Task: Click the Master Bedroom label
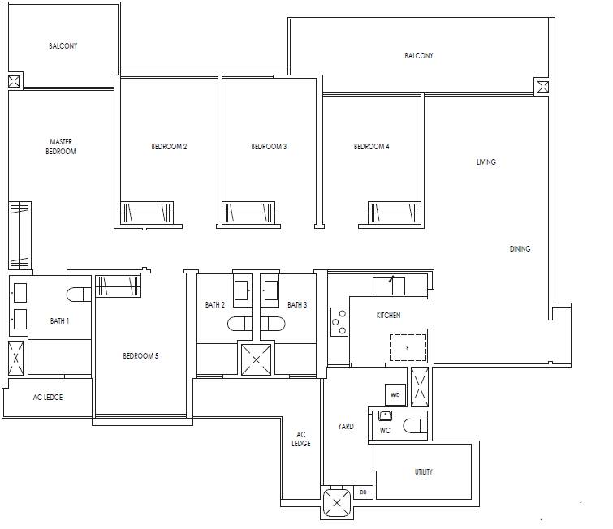[x=61, y=147]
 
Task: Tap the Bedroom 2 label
[x=169, y=147]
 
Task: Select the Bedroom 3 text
[x=269, y=147]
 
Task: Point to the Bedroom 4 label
[x=371, y=147]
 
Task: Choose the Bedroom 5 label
[x=140, y=355]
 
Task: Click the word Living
[x=486, y=161]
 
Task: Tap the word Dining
[x=520, y=248]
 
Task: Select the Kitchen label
[x=388, y=316]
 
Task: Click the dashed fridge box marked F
[x=408, y=348]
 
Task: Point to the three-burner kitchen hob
[x=339, y=322]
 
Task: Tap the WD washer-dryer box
[x=395, y=394]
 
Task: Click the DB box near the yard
[x=363, y=492]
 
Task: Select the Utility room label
[x=423, y=471]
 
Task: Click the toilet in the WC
[x=415, y=426]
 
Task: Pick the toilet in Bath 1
[x=79, y=295]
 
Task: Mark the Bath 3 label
[x=297, y=305]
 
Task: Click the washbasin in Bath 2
[x=241, y=290]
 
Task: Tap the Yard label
[x=346, y=426]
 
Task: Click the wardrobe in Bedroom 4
[x=394, y=213]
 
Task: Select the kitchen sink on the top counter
[x=389, y=286]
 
